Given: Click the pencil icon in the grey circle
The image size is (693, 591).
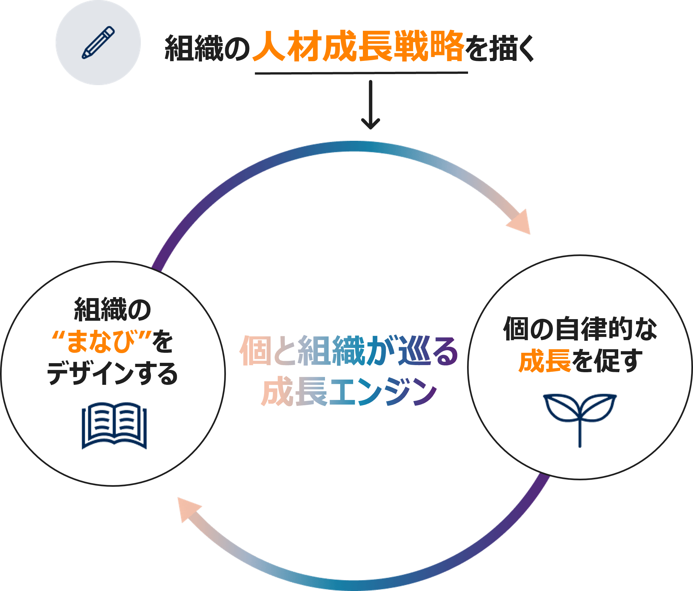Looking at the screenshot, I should (x=98, y=42).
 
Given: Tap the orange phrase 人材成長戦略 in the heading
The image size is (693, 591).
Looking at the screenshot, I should (x=358, y=47).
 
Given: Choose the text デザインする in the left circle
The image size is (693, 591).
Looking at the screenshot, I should (x=112, y=373).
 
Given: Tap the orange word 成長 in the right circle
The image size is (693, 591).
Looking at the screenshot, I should (x=544, y=362).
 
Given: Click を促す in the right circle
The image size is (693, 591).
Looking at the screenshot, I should (x=607, y=362).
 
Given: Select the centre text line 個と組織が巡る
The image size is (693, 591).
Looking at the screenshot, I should (x=349, y=351).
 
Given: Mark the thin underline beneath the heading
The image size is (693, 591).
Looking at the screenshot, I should (x=361, y=72).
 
